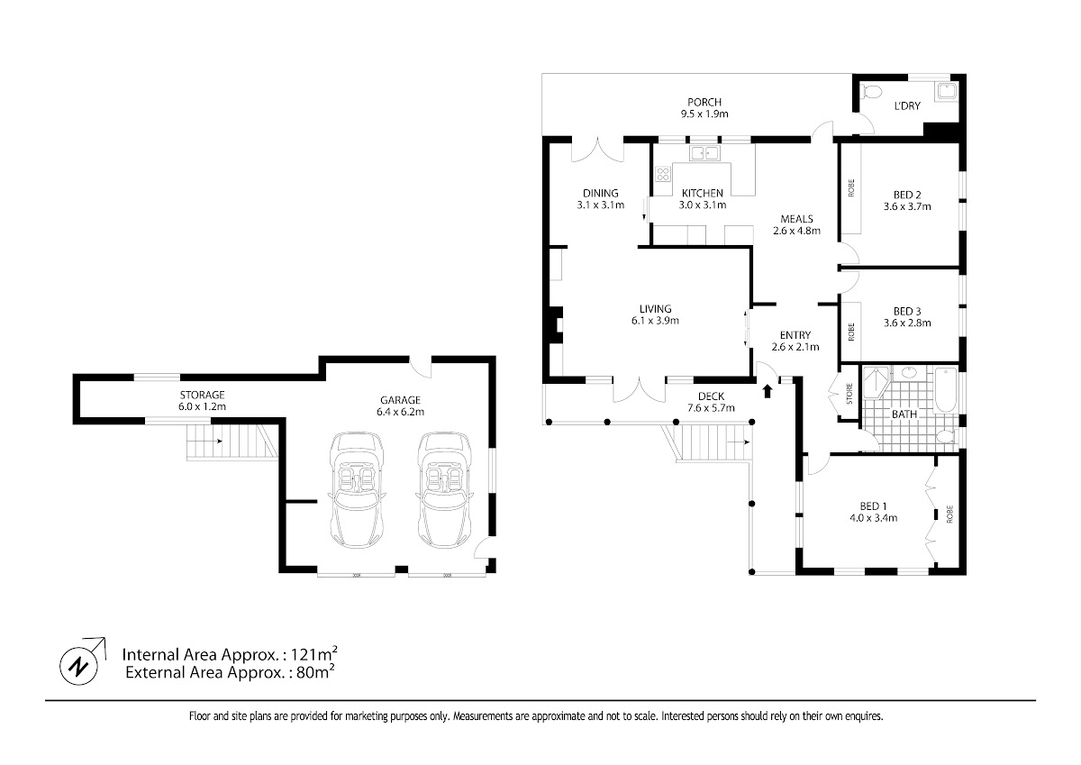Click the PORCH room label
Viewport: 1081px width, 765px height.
click(x=704, y=103)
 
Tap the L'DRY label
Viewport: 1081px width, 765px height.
click(x=907, y=105)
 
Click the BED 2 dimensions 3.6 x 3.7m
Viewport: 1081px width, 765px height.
click(x=907, y=206)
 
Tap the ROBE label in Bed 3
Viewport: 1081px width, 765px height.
click(x=850, y=332)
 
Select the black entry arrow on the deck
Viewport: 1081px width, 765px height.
click(x=768, y=391)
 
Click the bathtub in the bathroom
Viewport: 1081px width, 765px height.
click(x=945, y=390)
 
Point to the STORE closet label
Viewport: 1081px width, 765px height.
click(x=849, y=394)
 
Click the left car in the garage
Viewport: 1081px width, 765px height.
click(x=357, y=490)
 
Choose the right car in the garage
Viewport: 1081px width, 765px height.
click(x=444, y=490)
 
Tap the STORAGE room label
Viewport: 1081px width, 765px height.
click(x=202, y=395)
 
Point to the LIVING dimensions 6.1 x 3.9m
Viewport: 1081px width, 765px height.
click(x=656, y=321)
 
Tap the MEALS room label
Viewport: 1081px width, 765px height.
click(x=796, y=219)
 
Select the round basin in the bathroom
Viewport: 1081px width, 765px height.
click(x=910, y=372)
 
